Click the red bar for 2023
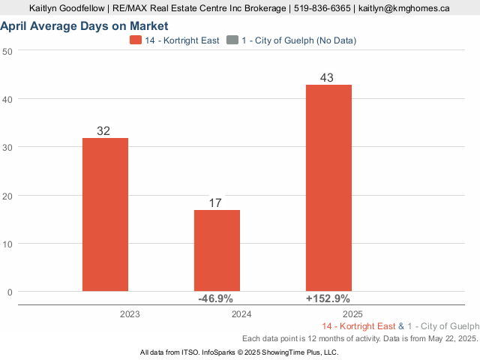(105, 214)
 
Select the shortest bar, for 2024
(217, 250)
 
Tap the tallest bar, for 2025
(328, 187)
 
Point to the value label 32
(103, 131)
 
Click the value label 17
(215, 203)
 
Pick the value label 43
(326, 78)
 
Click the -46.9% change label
(215, 298)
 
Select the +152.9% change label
(328, 298)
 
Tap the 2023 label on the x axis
(130, 315)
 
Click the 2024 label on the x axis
(241, 315)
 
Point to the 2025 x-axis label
(352, 315)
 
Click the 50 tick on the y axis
(8, 51)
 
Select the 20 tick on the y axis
(8, 196)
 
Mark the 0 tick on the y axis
(10, 292)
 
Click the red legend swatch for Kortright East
(136, 40)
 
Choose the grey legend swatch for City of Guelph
(232, 40)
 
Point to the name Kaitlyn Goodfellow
(67, 8)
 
